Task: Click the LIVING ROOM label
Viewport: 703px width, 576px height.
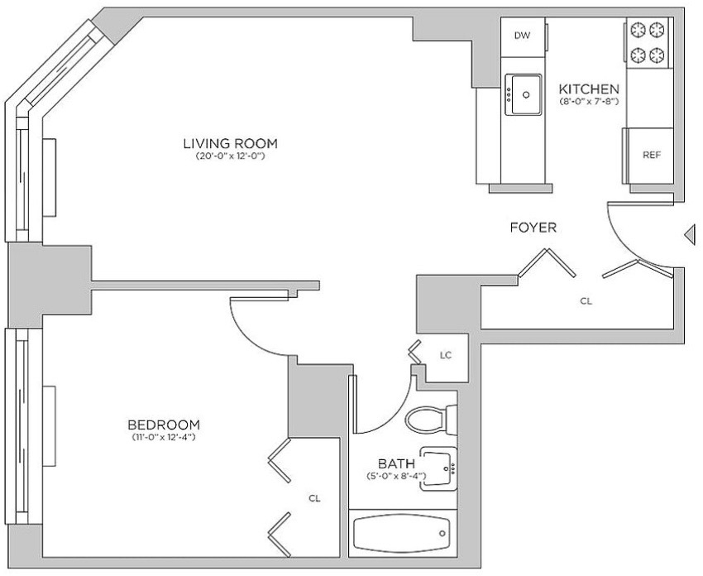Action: pyautogui.click(x=231, y=143)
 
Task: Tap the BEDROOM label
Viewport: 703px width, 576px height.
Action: pyautogui.click(x=164, y=425)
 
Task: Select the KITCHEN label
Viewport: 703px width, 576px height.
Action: pyautogui.click(x=589, y=89)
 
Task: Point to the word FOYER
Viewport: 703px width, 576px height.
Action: pyautogui.click(x=533, y=228)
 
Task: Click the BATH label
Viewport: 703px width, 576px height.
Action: pyautogui.click(x=396, y=463)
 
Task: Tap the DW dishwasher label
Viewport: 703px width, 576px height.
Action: pyautogui.click(x=522, y=36)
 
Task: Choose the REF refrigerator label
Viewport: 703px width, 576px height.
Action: pyautogui.click(x=652, y=155)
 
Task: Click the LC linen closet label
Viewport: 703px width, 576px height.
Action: pyautogui.click(x=445, y=355)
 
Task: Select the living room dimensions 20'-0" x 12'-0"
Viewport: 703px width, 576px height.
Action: pyautogui.click(x=231, y=156)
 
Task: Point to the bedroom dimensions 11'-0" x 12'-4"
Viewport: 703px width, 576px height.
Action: pyautogui.click(x=164, y=437)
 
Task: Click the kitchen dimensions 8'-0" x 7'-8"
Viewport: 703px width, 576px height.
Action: pyautogui.click(x=589, y=101)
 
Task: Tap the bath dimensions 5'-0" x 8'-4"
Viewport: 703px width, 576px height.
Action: pyautogui.click(x=396, y=476)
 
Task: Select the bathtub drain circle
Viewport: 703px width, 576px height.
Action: pyautogui.click(x=442, y=534)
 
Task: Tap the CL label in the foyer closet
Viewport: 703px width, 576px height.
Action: pyautogui.click(x=586, y=301)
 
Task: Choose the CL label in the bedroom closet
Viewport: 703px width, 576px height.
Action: pyautogui.click(x=315, y=498)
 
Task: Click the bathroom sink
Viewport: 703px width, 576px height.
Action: pyautogui.click(x=438, y=468)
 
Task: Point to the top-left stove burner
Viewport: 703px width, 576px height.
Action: pyautogui.click(x=637, y=30)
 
